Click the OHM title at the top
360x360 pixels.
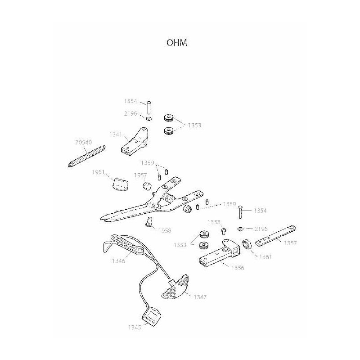[x=176, y=43]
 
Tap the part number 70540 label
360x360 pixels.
[x=83, y=143]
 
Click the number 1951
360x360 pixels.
[x=99, y=172]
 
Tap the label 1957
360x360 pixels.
[x=139, y=175]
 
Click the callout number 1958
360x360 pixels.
[x=164, y=230]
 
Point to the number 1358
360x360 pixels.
[x=213, y=222]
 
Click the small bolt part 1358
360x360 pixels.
[x=224, y=231]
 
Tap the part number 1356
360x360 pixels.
[x=237, y=267]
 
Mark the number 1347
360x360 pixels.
[x=200, y=297]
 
